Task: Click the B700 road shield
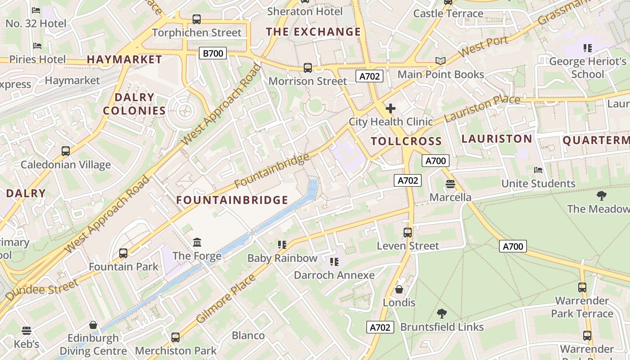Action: pos(213,54)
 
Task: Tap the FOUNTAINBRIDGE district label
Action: pos(232,200)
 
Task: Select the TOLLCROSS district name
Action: pos(406,141)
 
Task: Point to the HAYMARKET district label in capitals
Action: pos(124,59)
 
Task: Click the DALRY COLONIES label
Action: pos(134,104)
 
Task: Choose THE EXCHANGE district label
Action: pos(313,32)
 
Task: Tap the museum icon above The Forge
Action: pos(197,243)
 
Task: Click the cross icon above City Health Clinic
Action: pos(391,108)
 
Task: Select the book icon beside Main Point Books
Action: pos(440,61)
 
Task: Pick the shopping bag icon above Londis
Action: pos(399,289)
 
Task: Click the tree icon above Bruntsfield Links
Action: pos(442,313)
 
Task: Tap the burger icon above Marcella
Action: pos(450,184)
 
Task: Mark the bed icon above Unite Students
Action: pos(538,170)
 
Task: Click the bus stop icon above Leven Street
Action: pos(408,232)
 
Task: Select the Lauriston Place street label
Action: pos(482,108)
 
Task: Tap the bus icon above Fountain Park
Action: pos(123,253)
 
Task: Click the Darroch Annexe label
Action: pos(334,275)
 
